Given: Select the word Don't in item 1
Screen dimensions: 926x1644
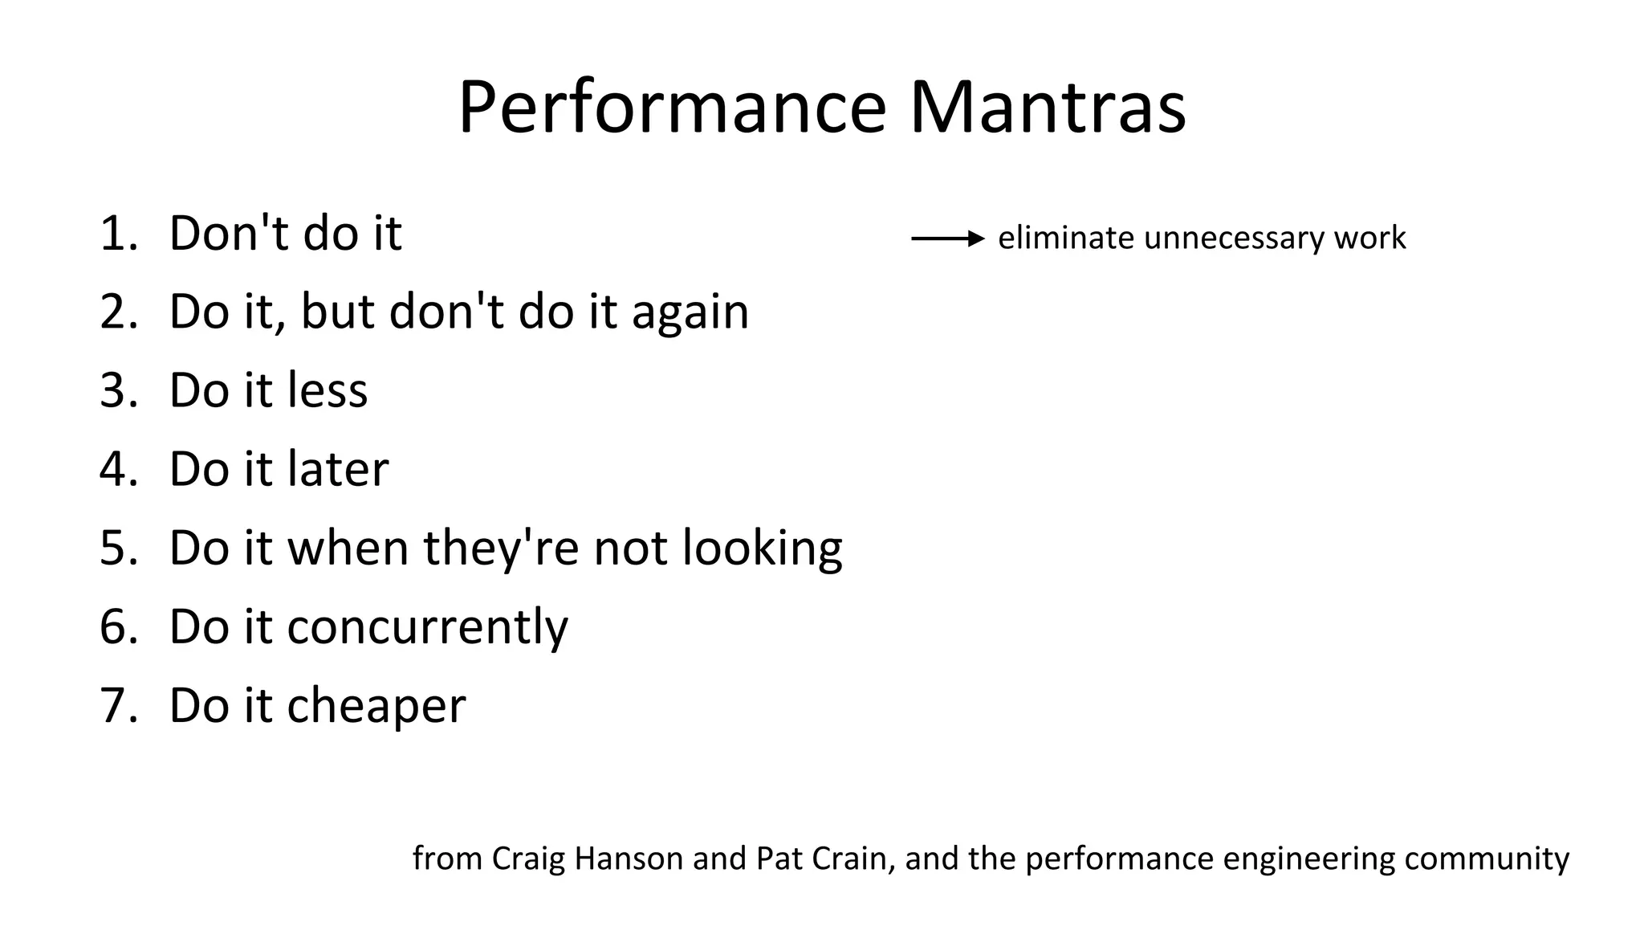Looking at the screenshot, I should coord(218,234).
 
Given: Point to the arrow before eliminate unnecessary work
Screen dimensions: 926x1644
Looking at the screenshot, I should coord(947,239).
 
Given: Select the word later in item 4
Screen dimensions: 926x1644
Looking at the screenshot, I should coord(338,469).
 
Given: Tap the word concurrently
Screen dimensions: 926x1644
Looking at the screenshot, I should coord(427,627).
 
